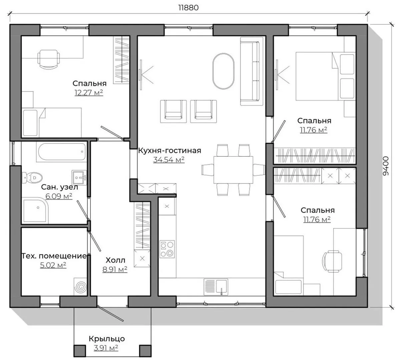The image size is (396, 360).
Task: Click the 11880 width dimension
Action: click(x=188, y=8)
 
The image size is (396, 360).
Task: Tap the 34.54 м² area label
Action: click(x=169, y=160)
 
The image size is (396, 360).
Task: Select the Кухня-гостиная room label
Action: click(x=170, y=151)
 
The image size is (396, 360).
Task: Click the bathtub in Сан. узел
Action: click(x=62, y=152)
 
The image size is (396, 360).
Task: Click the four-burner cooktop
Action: click(x=167, y=249)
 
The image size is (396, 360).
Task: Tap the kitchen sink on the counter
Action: click(x=216, y=287)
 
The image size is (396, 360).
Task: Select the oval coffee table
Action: click(x=223, y=71)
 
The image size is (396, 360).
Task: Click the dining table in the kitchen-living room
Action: click(x=233, y=170)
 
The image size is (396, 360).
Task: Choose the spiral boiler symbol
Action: click(x=81, y=286)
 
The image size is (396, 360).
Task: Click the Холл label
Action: click(x=115, y=260)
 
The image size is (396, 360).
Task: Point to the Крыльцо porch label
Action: click(x=106, y=339)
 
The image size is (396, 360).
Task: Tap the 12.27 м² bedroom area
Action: click(x=89, y=93)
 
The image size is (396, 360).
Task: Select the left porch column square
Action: click(x=79, y=350)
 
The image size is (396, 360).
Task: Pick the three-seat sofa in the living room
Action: click(x=250, y=71)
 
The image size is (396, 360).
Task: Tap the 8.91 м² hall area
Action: click(x=115, y=269)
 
